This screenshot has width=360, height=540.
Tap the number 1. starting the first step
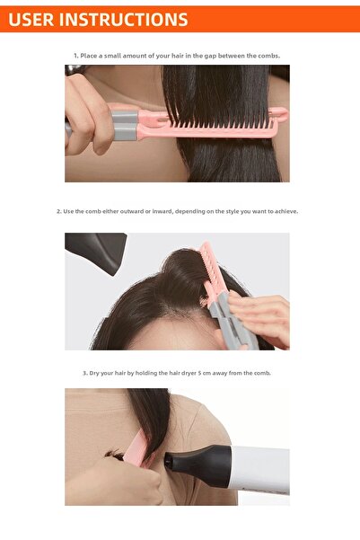tap(76, 56)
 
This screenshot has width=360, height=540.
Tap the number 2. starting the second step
tap(59, 212)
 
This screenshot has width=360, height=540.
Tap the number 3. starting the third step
tap(85, 373)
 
